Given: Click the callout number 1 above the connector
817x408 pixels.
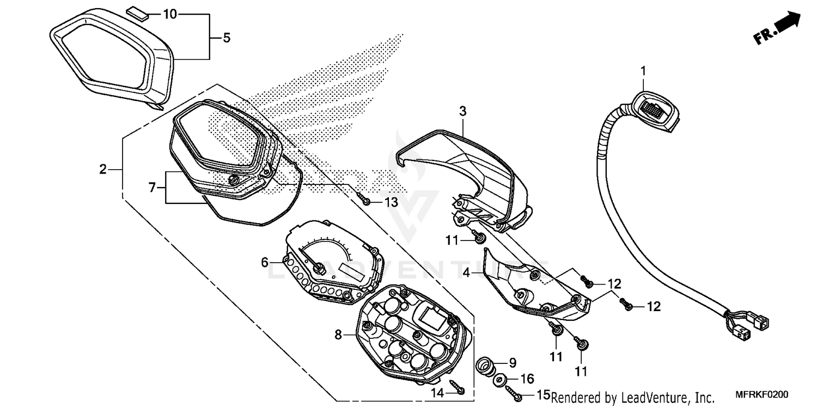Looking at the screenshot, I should click(643, 71).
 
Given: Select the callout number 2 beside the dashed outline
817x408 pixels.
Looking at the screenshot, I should click(102, 170).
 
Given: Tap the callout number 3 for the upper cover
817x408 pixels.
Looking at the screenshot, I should click(462, 112).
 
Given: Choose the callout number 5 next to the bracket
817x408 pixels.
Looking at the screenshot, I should click(226, 38).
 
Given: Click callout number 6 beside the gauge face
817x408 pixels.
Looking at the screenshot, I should click(265, 262).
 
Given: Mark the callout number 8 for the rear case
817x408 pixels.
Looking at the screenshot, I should click(338, 335).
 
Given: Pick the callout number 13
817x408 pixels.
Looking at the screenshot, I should click(391, 202).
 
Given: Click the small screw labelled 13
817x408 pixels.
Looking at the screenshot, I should click(367, 202).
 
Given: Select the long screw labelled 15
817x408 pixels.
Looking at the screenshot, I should click(514, 395).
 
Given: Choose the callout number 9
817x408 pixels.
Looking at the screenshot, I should click(512, 362).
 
